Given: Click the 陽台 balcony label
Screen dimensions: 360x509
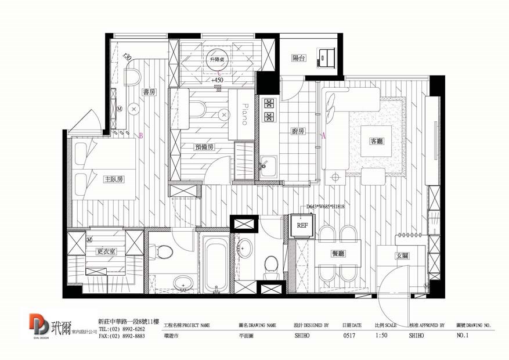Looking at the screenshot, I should tap(298, 58).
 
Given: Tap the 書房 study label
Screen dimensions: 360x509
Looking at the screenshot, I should tap(149, 92).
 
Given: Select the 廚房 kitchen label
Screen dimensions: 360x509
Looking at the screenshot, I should tap(298, 132).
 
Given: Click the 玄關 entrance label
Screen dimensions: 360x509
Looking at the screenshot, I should tap(402, 255).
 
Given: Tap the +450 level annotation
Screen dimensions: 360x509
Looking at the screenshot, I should tap(218, 80).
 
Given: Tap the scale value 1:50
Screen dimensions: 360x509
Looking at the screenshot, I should tap(381, 336).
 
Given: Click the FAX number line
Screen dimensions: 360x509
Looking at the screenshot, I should tap(121, 336).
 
